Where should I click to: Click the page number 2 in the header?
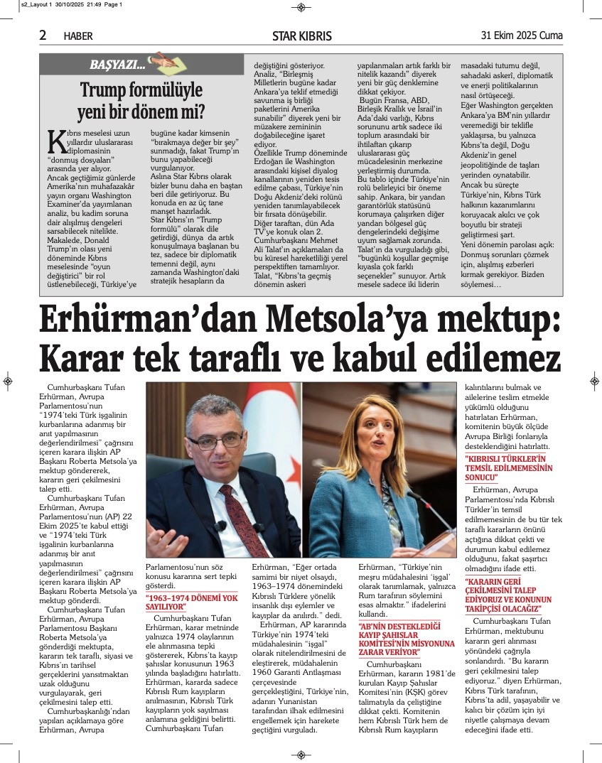pos(43,36)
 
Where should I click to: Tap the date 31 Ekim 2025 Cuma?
pos(522,36)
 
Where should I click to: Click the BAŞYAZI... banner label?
pos(117,65)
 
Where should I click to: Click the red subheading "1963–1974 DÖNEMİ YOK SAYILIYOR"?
pos(191,602)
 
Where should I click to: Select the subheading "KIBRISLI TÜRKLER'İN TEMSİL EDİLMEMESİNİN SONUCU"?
pos(509,468)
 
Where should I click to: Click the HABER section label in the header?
pos(78,36)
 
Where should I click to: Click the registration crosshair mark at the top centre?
pos(301,7)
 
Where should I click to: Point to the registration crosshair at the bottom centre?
pos(301,754)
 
